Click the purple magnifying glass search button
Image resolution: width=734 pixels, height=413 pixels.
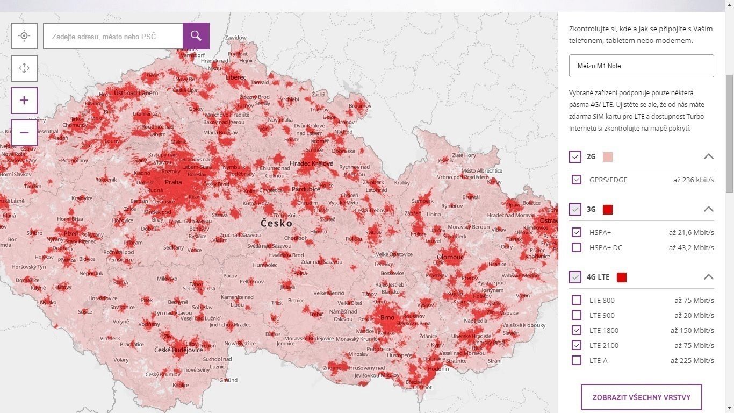[x=196, y=36]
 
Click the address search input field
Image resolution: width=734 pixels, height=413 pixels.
[x=113, y=37]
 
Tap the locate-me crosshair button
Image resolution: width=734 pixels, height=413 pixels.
[x=24, y=36]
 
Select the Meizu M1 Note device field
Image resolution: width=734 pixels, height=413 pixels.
[x=641, y=66]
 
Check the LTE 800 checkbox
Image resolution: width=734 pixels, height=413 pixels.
[x=577, y=300]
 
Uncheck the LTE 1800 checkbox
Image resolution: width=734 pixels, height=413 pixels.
[x=577, y=330]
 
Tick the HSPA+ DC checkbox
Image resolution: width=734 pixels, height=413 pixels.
[x=577, y=247]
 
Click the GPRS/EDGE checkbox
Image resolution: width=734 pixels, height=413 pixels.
[x=577, y=180]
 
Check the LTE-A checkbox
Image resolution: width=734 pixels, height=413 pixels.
[x=577, y=360]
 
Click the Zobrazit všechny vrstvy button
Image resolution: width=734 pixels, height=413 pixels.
[x=641, y=397]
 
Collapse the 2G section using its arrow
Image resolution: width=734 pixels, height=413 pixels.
[x=708, y=156]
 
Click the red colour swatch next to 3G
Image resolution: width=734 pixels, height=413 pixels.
[x=608, y=209]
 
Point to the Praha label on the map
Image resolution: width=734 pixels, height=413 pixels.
[x=173, y=182]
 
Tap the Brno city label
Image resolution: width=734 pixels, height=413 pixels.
[x=387, y=317]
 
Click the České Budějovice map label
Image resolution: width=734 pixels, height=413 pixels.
[x=178, y=350]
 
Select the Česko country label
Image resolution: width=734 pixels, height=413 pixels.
[x=276, y=223]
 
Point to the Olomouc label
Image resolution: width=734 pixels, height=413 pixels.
[x=450, y=257]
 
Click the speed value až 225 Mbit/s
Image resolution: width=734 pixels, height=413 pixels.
[x=692, y=360]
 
